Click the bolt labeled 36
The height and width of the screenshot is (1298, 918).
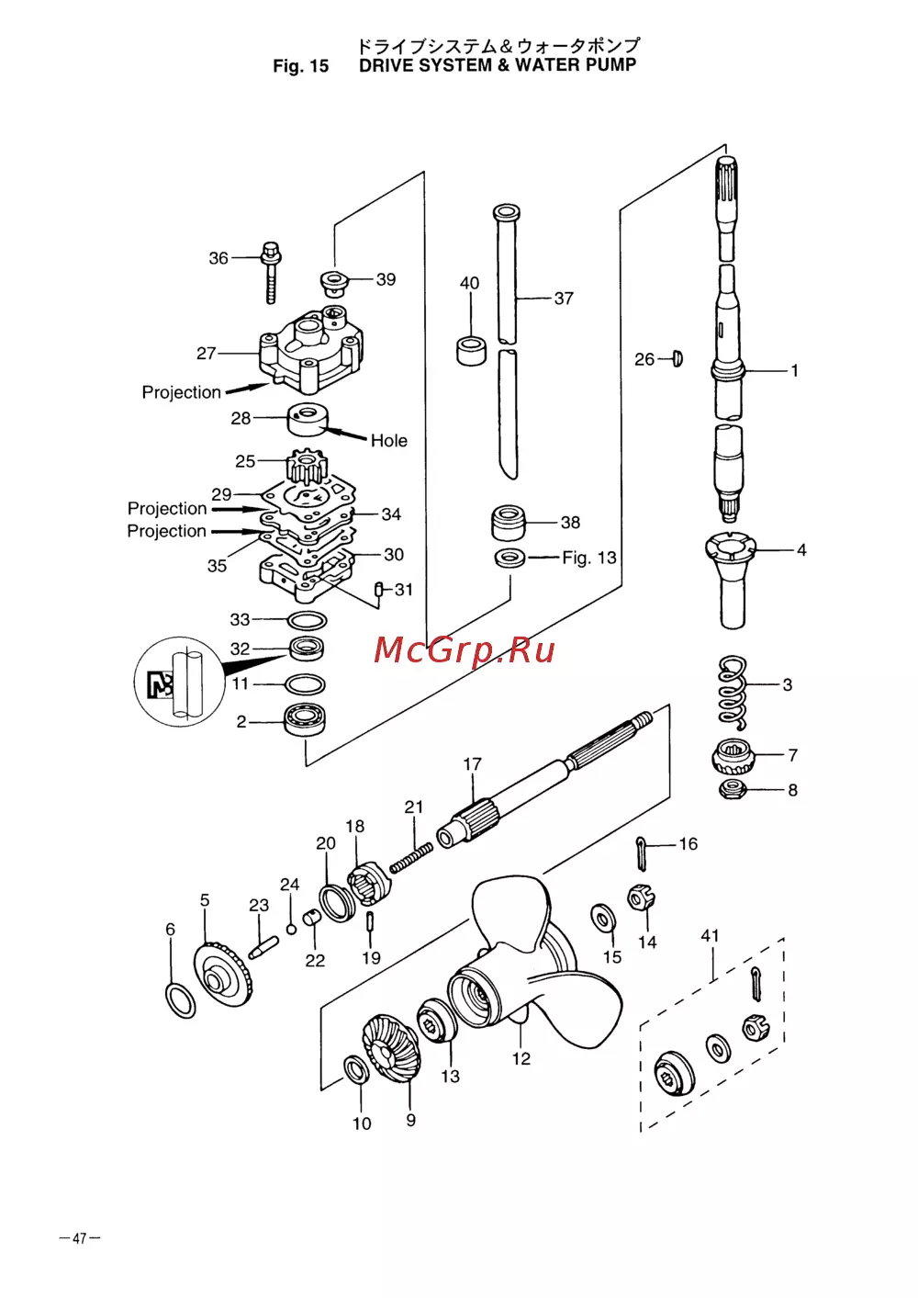pyautogui.click(x=271, y=271)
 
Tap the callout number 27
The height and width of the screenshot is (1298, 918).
pyautogui.click(x=207, y=353)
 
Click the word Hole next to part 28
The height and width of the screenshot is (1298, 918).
pyautogui.click(x=388, y=440)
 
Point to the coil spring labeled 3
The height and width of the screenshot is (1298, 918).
pyautogui.click(x=732, y=692)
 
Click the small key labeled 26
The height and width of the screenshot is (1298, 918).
pyautogui.click(x=677, y=358)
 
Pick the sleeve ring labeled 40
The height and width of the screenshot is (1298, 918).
pyautogui.click(x=472, y=350)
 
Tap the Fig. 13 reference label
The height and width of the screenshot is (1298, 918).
pyautogui.click(x=589, y=558)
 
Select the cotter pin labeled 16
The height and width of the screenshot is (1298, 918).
pyautogui.click(x=641, y=852)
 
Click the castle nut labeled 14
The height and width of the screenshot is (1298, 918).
pyautogui.click(x=641, y=898)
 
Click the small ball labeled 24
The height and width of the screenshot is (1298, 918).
pyautogui.click(x=292, y=929)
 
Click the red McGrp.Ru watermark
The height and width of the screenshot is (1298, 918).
pyautogui.click(x=464, y=650)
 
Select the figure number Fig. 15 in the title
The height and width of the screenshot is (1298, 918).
pyautogui.click(x=300, y=66)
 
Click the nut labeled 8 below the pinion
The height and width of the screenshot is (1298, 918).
pyautogui.click(x=732, y=789)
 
